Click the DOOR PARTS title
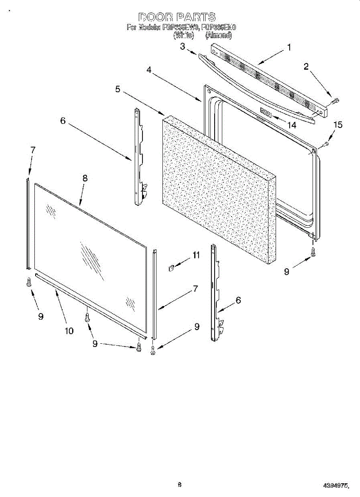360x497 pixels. click(x=177, y=17)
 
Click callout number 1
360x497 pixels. click(x=289, y=48)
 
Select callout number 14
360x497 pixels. click(x=292, y=125)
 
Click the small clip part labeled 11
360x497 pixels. click(x=171, y=268)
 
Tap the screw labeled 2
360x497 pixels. click(x=336, y=101)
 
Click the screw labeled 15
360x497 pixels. click(x=326, y=144)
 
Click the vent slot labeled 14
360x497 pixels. click(x=265, y=113)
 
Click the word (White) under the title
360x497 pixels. click(x=184, y=36)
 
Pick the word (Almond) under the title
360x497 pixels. click(x=218, y=36)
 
